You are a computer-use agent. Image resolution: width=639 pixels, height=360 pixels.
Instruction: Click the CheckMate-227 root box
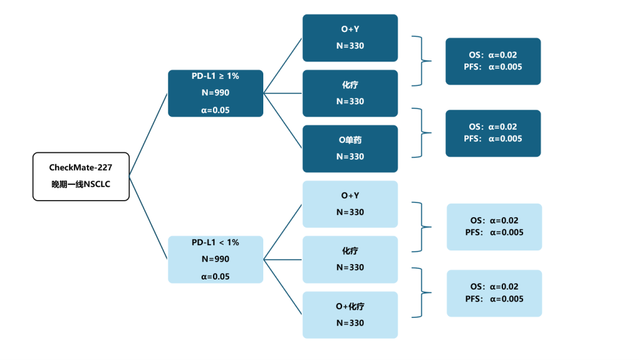[x=80, y=176]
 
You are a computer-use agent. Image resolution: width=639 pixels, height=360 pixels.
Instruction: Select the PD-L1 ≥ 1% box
[x=215, y=93]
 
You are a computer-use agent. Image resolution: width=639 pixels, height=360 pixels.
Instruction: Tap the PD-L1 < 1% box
[x=215, y=259]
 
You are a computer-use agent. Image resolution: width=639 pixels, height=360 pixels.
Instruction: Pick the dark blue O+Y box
[x=350, y=38]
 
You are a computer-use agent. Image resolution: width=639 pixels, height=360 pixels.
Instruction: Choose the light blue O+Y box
[x=350, y=204]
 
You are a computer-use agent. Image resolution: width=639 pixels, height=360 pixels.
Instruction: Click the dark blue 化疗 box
[x=350, y=93]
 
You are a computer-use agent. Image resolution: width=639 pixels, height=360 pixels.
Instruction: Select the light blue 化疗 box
[x=350, y=259]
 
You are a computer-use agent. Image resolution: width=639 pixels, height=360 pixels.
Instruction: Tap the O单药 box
[x=350, y=148]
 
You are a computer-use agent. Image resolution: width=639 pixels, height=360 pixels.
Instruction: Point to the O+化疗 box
[x=350, y=314]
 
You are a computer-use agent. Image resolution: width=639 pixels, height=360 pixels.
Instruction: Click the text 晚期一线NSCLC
[x=80, y=184]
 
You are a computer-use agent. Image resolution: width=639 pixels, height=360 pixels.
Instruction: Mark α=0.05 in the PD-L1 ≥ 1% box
[x=215, y=110]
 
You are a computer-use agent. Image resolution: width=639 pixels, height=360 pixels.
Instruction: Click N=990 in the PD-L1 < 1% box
[x=215, y=259]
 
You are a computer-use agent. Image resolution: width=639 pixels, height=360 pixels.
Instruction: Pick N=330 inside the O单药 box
[x=350, y=156]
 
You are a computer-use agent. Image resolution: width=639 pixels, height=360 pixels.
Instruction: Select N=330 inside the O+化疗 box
[x=350, y=323]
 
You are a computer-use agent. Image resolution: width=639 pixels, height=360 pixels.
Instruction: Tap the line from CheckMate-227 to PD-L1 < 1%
[x=148, y=218]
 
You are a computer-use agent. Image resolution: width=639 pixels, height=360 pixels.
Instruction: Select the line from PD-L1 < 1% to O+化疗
[x=283, y=287]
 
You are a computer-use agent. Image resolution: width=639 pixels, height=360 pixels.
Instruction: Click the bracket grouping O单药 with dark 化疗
[x=421, y=133]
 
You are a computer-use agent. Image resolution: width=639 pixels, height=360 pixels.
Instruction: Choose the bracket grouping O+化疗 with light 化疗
[x=421, y=292]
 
